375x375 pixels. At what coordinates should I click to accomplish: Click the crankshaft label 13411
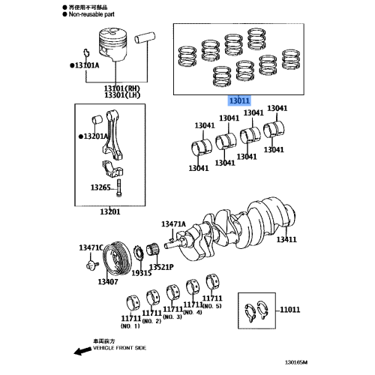(286, 239)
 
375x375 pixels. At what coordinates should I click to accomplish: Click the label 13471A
(173, 223)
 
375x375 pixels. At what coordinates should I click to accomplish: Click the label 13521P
(161, 267)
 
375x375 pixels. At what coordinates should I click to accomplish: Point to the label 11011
(289, 309)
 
